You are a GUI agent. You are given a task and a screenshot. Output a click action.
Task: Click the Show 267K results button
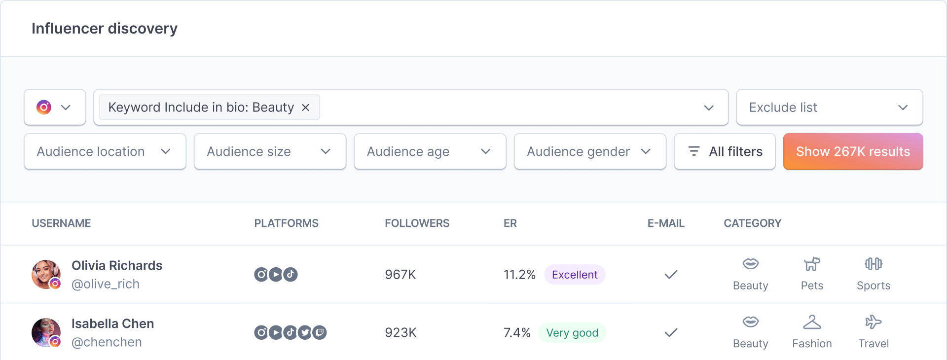[853, 151]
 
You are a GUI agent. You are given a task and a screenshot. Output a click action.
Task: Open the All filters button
[725, 151]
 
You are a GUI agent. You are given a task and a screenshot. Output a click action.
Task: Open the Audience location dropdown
[105, 151]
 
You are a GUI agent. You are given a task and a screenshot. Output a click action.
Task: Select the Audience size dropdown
[270, 151]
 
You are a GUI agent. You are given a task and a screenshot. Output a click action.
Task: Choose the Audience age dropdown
[430, 151]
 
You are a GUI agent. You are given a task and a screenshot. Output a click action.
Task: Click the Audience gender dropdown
[590, 151]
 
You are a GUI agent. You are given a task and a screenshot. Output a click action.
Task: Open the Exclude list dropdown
[829, 108]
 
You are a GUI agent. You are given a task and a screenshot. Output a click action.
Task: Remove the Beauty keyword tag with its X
[306, 108]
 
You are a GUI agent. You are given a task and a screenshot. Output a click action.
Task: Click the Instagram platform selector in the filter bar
[55, 108]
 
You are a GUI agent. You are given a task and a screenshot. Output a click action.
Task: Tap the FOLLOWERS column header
[417, 223]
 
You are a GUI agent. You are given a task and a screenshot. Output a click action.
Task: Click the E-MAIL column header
[666, 223]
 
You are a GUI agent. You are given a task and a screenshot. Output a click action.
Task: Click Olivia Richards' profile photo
[46, 274]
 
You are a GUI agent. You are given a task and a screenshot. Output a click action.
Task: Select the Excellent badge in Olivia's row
[575, 275]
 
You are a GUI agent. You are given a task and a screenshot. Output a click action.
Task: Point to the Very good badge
[572, 333]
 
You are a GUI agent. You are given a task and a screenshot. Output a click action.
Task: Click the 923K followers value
[401, 333]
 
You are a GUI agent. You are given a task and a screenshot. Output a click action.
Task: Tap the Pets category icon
[812, 265]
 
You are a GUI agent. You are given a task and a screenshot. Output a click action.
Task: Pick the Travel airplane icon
[873, 323]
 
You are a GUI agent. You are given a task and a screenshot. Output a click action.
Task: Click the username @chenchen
[107, 342]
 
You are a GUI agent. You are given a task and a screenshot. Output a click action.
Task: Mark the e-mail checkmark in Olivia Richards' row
[671, 275]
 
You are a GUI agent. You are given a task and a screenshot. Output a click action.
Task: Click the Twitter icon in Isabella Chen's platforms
[305, 333]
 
